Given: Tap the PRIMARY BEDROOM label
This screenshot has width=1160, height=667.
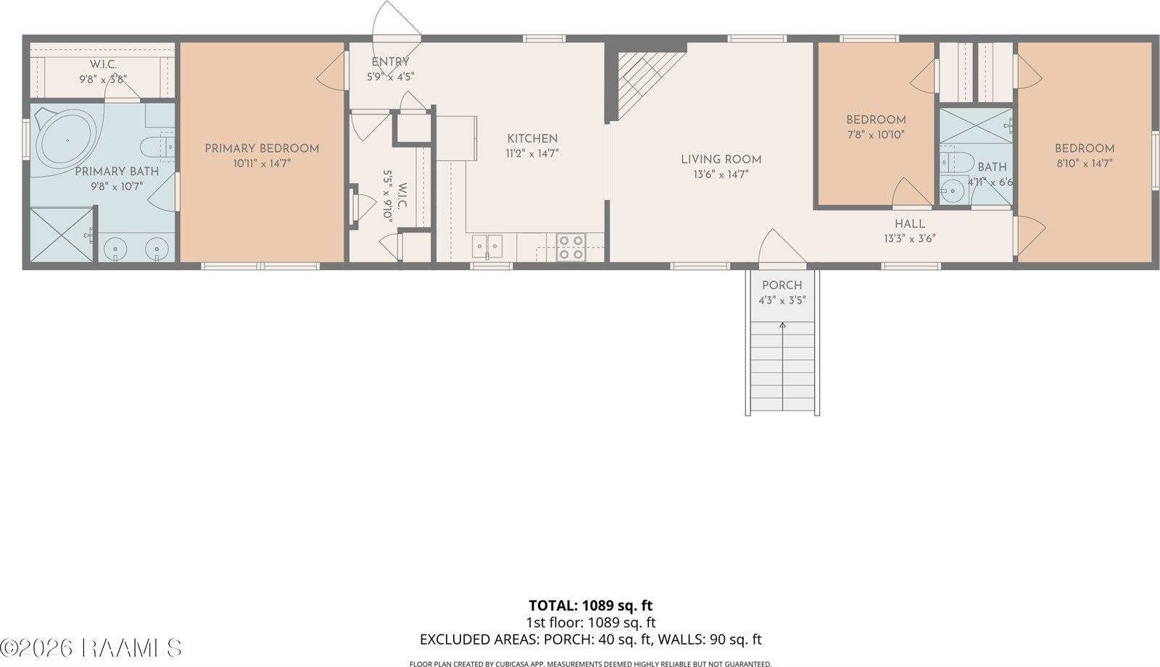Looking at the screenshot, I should [262, 148].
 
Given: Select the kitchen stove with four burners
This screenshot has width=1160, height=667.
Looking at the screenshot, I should [571, 247].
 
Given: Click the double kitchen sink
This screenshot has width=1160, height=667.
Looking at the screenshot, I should [487, 246].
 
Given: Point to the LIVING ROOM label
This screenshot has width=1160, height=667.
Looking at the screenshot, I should [721, 159].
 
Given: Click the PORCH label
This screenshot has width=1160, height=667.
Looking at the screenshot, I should [782, 285].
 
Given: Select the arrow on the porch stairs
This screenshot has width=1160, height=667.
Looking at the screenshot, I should [782, 327].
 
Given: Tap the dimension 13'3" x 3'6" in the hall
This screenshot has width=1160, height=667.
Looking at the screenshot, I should [909, 238].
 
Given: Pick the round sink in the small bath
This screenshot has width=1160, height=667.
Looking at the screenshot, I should [950, 191].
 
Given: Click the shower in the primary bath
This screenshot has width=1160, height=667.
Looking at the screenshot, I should [62, 235].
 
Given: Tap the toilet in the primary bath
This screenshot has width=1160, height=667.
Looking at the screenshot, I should [154, 148].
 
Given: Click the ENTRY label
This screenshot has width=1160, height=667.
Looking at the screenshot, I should [390, 62].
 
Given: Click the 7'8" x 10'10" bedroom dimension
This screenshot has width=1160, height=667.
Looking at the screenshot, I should [876, 135].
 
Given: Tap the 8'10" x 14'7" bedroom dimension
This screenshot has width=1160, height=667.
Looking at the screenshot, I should [1084, 164].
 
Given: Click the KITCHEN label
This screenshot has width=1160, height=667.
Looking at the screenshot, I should [532, 138].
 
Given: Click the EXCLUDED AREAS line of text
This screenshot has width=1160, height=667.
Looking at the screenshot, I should [590, 639].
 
